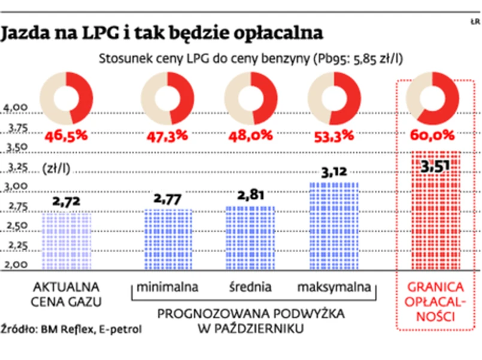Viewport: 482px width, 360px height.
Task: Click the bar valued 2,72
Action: coord(66,240)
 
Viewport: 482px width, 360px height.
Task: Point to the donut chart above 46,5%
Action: coord(66,98)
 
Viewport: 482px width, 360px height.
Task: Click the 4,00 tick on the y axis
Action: coord(16,108)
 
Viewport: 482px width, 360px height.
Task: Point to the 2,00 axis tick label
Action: coord(16,264)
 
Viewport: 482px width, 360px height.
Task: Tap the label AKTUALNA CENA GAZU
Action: coord(66,293)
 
